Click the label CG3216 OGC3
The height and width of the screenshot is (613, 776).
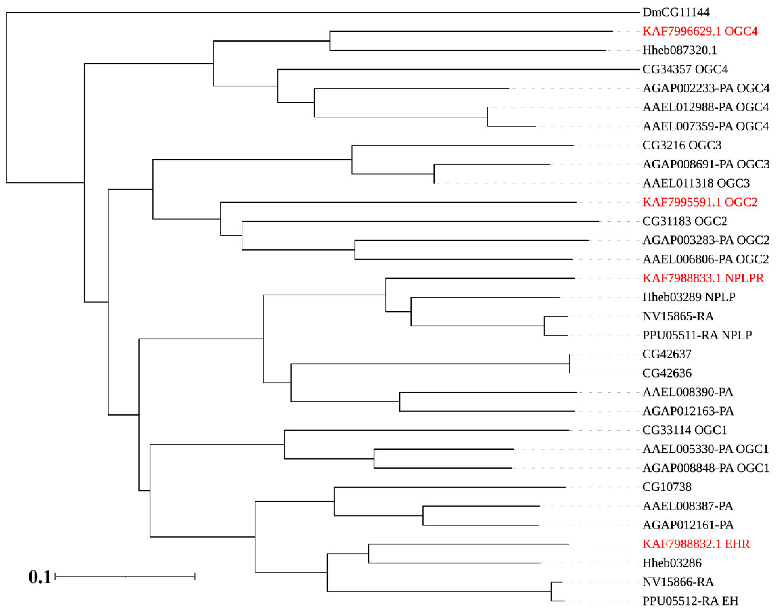click(x=682, y=145)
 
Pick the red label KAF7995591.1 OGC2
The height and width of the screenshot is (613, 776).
click(x=700, y=202)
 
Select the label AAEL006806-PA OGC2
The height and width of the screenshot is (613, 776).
click(x=705, y=259)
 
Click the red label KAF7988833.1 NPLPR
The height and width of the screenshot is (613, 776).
click(x=703, y=278)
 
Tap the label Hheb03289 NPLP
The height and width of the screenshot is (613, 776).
click(x=689, y=297)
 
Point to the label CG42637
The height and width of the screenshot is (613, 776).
click(x=667, y=354)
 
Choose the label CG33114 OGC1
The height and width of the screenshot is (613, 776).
click(x=684, y=430)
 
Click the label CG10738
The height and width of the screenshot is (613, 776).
click(x=667, y=487)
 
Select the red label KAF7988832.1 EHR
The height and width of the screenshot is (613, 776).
click(x=696, y=544)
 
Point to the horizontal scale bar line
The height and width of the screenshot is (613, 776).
click(x=125, y=577)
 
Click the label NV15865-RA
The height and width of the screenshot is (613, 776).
click(x=678, y=316)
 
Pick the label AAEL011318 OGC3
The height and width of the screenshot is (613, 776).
click(x=696, y=183)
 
